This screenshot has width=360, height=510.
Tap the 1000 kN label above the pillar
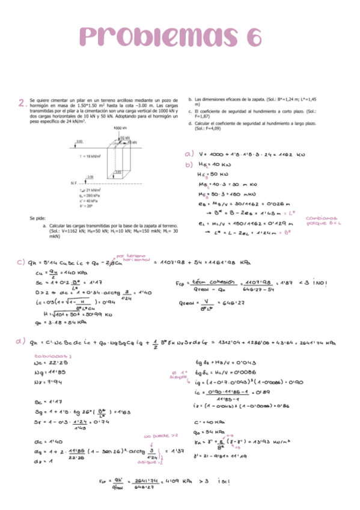(x=120, y=128)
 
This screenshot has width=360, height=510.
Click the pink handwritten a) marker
(x=189, y=153)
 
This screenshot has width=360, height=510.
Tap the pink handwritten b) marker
(x=189, y=163)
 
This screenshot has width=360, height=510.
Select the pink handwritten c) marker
(x=20, y=263)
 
